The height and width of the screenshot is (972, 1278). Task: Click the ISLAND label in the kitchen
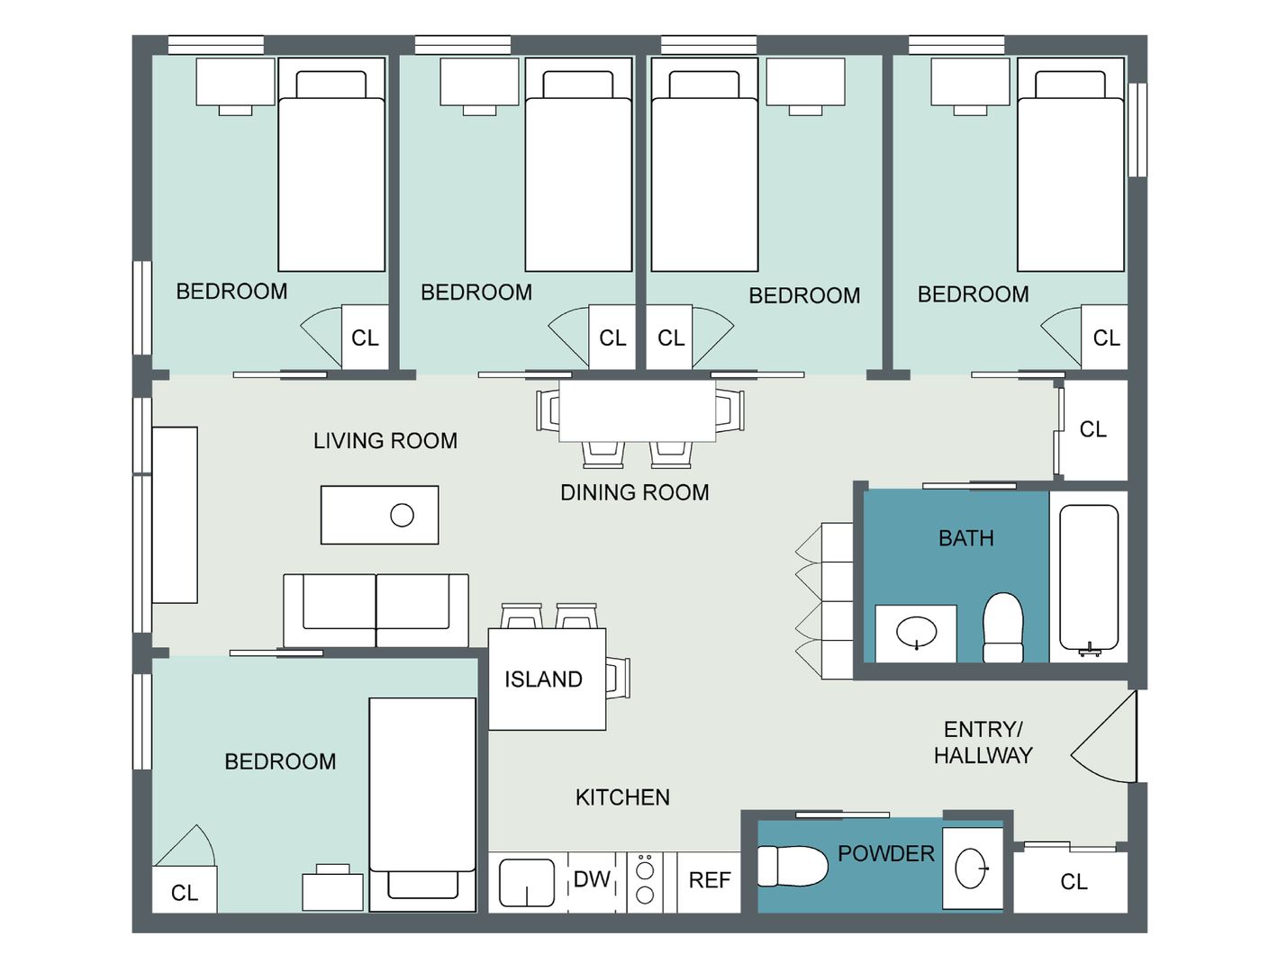pyautogui.click(x=543, y=679)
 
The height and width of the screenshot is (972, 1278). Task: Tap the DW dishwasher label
pyautogui.click(x=592, y=879)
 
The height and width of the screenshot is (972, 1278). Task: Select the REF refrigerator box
pyautogui.click(x=709, y=882)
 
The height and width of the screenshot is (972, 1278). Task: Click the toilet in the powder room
pyautogui.click(x=792, y=866)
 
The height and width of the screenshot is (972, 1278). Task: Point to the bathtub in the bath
pyautogui.click(x=1088, y=577)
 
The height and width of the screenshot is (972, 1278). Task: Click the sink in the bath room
pyautogui.click(x=916, y=632)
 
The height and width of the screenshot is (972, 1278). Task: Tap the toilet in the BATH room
pyautogui.click(x=1002, y=627)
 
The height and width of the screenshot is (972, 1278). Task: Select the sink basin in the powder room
pyautogui.click(x=971, y=868)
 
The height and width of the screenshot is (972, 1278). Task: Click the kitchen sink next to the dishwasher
pyautogui.click(x=526, y=882)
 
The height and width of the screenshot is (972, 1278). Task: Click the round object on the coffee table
pyautogui.click(x=402, y=515)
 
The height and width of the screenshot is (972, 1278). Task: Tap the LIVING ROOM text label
pyautogui.click(x=385, y=441)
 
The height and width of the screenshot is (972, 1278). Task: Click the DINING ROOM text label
pyautogui.click(x=635, y=492)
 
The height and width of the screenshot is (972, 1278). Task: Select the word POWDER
pyautogui.click(x=886, y=853)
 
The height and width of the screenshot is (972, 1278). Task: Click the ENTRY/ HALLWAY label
pyautogui.click(x=983, y=742)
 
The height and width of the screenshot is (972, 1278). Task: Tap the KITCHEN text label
pyautogui.click(x=622, y=797)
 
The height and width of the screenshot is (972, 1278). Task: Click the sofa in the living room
pyautogui.click(x=376, y=610)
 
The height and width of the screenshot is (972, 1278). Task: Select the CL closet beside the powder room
pyautogui.click(x=1074, y=882)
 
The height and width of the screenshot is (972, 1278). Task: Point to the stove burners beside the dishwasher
pyautogui.click(x=645, y=882)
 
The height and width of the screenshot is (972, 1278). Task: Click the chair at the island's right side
pyautogui.click(x=618, y=678)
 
